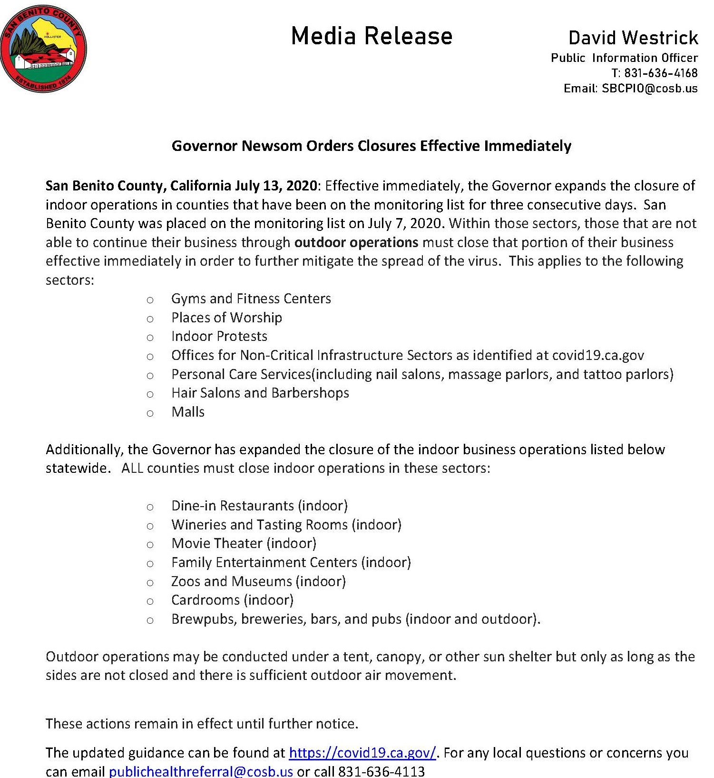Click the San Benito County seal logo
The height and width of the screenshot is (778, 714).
pos(43,48)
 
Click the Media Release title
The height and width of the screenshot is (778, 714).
pos(372,36)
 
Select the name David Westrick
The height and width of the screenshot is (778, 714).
pos(633,38)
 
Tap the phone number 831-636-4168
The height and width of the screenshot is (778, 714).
pos(661,73)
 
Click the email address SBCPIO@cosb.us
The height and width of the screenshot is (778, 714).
pos(649,88)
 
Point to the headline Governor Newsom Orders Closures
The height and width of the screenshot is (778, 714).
pos(371,146)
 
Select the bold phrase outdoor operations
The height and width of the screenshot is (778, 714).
pos(356,242)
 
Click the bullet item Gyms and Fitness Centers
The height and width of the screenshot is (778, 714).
pos(251,299)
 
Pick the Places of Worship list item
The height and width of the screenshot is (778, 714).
pos(226,318)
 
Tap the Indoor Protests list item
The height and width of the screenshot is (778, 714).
pos(219,336)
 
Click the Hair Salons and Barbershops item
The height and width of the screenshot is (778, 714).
pos(260,393)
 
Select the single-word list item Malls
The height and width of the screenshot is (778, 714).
pos(188,412)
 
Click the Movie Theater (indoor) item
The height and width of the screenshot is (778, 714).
pos(244,543)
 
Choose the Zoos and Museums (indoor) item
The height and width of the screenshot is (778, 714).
pos(258,581)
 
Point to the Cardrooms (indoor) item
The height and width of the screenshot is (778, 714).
pos(232,600)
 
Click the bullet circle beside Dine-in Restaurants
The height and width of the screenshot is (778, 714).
pos(150,507)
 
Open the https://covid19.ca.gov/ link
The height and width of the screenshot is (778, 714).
pos(362,753)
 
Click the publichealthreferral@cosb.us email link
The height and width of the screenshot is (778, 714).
pos(201,771)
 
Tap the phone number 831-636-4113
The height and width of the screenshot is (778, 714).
pos(381,771)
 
